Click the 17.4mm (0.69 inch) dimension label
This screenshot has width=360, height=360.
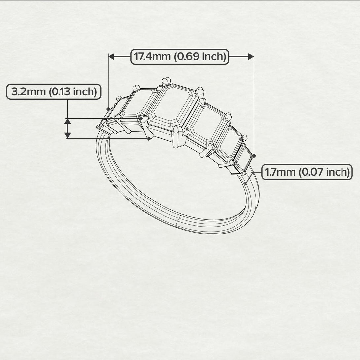(x=180, y=57)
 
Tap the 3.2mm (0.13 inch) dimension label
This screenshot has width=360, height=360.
(x=54, y=92)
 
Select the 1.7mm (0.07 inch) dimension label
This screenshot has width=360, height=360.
(x=307, y=172)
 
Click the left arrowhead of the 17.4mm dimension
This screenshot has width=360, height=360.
(x=112, y=57)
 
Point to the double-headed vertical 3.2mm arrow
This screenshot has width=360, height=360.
(x=67, y=128)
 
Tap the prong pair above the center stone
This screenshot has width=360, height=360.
(x=167, y=81)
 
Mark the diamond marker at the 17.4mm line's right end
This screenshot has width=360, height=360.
(x=253, y=155)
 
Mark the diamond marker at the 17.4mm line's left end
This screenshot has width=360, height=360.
(x=108, y=109)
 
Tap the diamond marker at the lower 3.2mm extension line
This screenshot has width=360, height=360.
(x=149, y=139)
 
